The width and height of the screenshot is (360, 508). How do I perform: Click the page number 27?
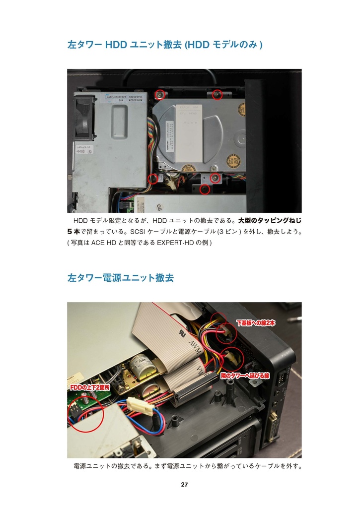click(x=184, y=485)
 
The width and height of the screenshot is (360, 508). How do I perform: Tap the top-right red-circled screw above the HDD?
click(x=216, y=94)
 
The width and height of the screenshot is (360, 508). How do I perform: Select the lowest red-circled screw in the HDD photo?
click(x=204, y=189)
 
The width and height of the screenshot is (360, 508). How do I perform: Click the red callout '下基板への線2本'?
click(x=255, y=323)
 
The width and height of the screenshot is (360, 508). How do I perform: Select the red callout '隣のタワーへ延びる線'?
click(x=245, y=376)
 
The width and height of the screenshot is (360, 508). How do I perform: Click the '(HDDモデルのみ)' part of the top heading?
click(x=223, y=45)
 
